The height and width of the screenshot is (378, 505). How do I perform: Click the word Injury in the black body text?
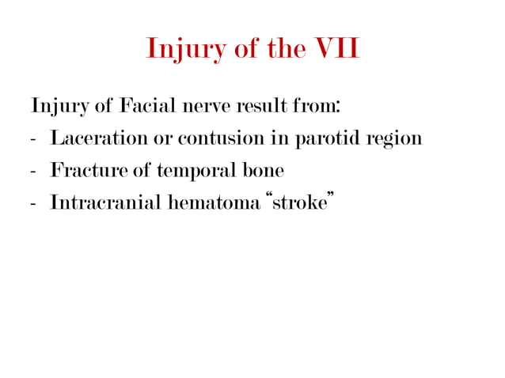55,106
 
